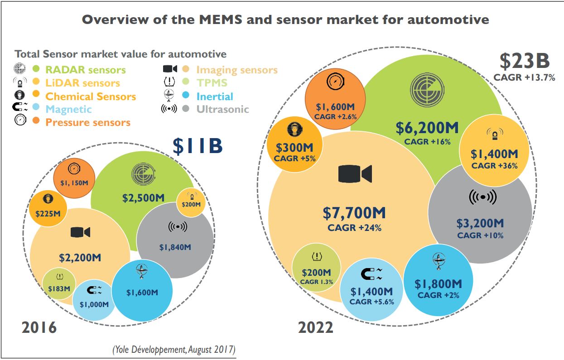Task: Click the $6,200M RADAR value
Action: (427, 128)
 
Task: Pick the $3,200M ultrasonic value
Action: (480, 223)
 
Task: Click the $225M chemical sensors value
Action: (48, 213)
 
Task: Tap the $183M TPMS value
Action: (59, 288)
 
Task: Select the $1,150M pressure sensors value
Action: (74, 182)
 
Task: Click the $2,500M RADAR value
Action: (144, 197)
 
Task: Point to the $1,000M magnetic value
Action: (94, 304)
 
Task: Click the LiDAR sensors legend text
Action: (82, 83)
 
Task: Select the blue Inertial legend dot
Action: (186, 96)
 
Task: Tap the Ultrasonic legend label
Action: (222, 109)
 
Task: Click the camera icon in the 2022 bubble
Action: (355, 174)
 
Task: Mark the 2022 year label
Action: (315, 327)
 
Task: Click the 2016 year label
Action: (39, 327)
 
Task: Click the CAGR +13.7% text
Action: (524, 77)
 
